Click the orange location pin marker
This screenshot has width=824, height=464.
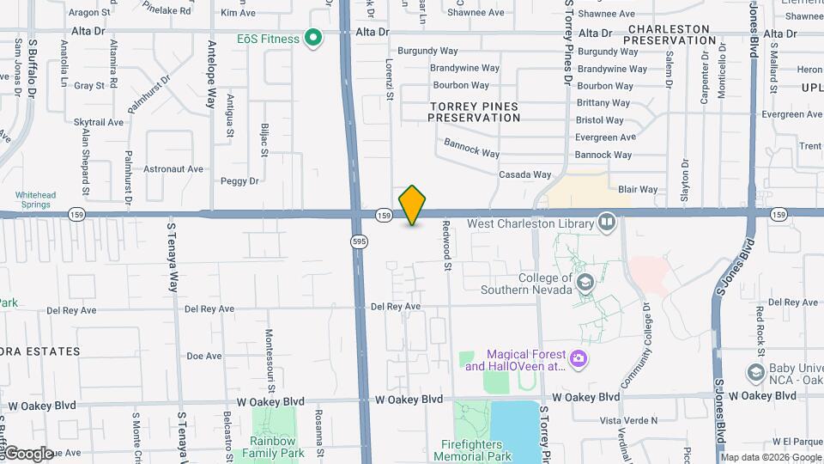(x=412, y=205)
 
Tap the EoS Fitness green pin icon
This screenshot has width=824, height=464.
(x=313, y=38)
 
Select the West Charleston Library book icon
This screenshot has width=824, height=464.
(x=607, y=223)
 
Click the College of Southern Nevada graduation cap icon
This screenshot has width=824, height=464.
(x=585, y=283)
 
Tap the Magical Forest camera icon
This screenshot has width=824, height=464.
(x=579, y=358)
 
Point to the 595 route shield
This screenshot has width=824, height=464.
(x=359, y=242)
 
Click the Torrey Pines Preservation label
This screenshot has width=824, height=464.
(x=474, y=112)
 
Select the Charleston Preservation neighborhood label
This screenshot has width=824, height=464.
(x=669, y=34)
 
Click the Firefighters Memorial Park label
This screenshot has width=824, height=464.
(x=482, y=450)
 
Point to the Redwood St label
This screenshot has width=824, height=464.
(x=447, y=246)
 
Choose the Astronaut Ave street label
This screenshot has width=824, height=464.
(x=174, y=169)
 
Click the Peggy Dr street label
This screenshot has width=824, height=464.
(x=239, y=181)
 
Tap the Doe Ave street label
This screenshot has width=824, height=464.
(x=203, y=356)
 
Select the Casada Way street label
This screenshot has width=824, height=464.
(x=525, y=174)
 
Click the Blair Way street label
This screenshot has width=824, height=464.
(x=638, y=189)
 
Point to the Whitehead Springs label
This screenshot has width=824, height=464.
(x=35, y=200)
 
